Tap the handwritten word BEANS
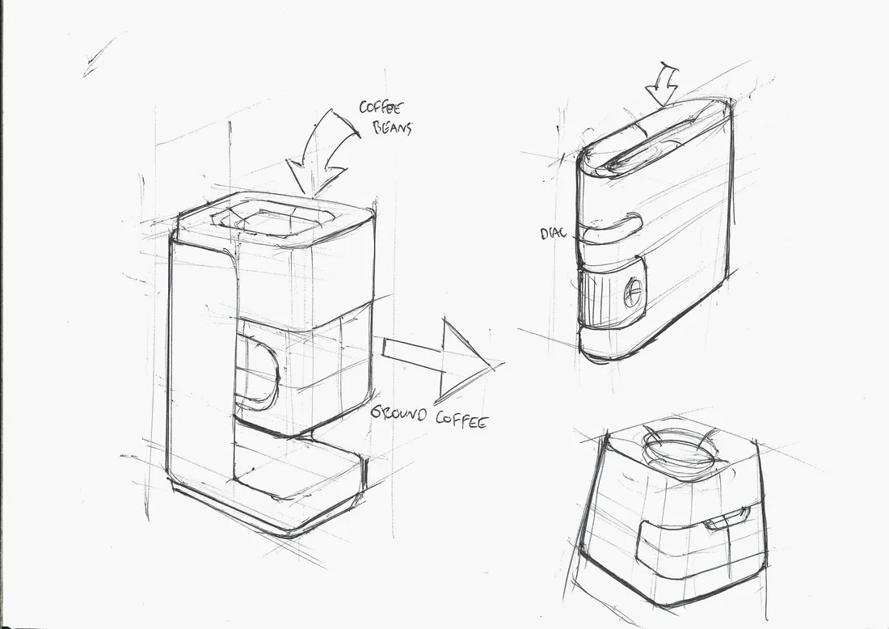tap(392, 129)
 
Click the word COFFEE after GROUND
tap(461, 420)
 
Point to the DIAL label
tap(553, 233)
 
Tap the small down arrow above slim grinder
tap(663, 85)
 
